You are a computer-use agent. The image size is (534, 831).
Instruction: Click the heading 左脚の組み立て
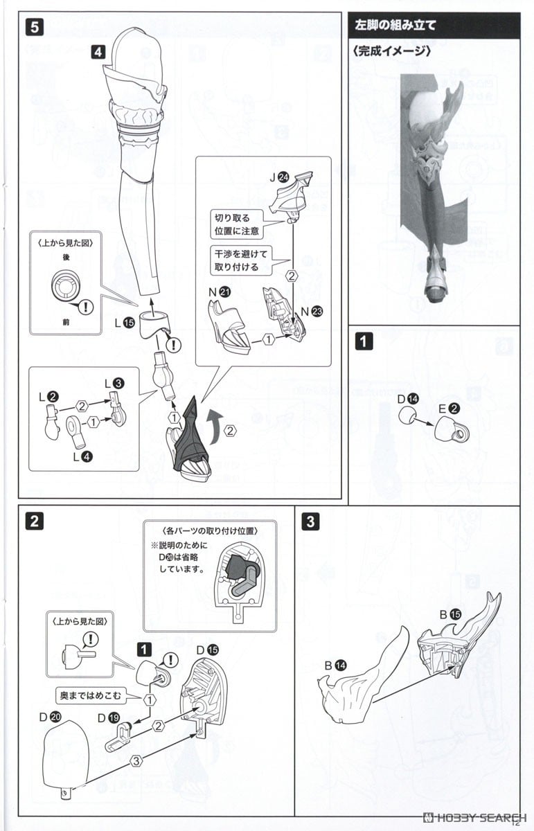[395, 25]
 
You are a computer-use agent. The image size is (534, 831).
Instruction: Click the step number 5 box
[35, 27]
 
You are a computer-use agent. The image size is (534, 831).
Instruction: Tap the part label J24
[279, 177]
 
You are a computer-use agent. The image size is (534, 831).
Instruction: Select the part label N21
[220, 292]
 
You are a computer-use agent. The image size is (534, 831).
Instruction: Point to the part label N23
[312, 311]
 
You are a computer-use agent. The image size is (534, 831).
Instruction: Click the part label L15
[125, 323]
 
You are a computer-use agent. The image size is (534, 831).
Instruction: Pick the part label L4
[82, 456]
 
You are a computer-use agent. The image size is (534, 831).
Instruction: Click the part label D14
[408, 399]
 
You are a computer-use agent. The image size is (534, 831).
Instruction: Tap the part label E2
[449, 409]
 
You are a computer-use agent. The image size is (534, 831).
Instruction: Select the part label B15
[450, 614]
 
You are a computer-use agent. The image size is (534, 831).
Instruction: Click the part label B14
[335, 665]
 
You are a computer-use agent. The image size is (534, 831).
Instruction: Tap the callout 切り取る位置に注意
[237, 224]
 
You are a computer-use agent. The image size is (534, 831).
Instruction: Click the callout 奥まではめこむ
[91, 695]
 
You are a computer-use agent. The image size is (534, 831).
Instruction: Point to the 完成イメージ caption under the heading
[391, 51]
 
